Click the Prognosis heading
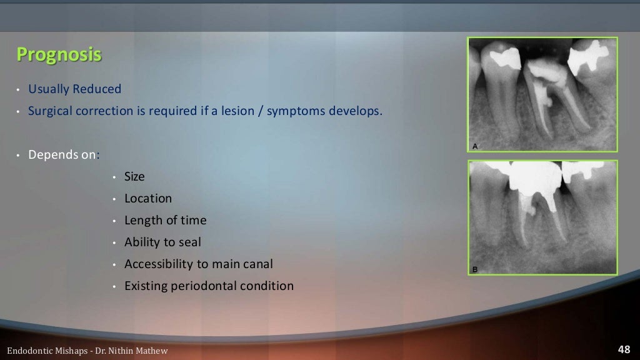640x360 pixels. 59,55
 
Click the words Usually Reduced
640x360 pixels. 74,89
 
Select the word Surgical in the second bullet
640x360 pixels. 51,112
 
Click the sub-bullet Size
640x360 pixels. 134,177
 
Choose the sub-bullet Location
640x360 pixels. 147,199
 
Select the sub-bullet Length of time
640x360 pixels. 165,221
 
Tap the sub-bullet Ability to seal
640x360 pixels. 162,242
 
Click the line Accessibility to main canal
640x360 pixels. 198,264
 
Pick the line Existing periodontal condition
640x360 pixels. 209,286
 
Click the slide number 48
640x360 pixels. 624,349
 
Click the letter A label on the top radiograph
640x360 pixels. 475,146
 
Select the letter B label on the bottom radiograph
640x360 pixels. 475,270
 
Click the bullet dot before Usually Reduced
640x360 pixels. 19,90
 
